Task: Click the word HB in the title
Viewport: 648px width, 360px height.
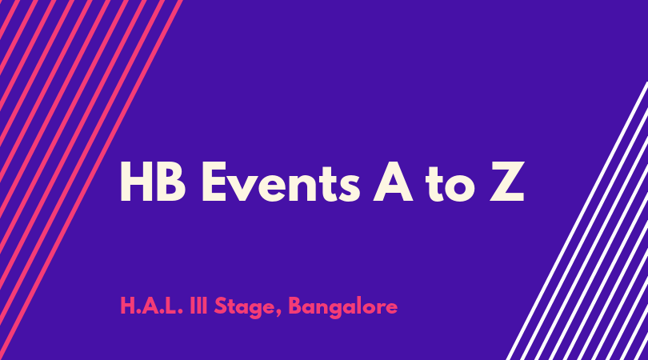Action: [153, 182]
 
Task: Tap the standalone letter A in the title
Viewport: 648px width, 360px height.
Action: [393, 182]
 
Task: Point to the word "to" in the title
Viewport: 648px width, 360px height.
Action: [450, 184]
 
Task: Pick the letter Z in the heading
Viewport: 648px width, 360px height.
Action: [507, 182]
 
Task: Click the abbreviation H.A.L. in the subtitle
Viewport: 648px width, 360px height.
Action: [152, 306]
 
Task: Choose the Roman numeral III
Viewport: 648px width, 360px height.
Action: [198, 306]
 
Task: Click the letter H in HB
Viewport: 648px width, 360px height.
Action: [136, 182]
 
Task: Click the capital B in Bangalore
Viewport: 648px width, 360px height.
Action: [295, 306]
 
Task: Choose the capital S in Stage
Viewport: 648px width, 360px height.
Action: [221, 306]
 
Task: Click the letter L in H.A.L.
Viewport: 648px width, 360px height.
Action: [173, 306]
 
